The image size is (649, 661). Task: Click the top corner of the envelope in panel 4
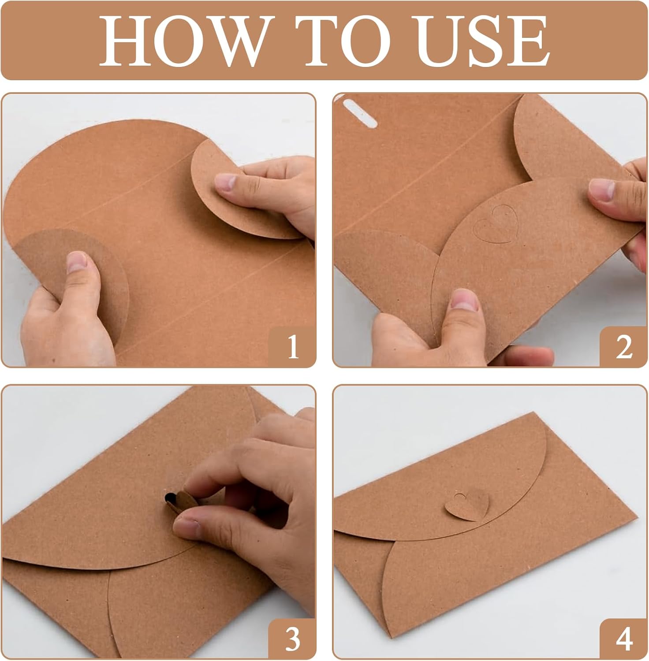click(x=534, y=412)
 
